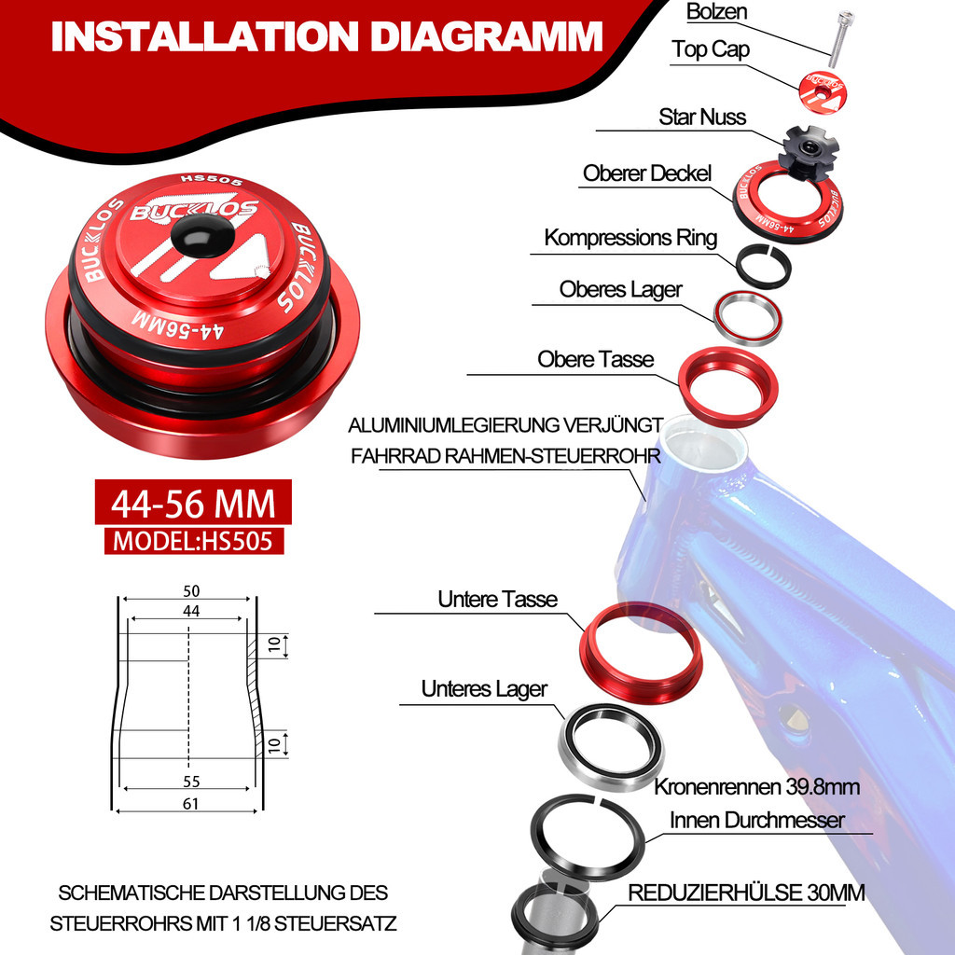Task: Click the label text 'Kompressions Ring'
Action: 630,237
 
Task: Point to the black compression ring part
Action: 765,266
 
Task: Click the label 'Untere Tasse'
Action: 498,599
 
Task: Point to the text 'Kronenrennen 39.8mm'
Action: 756,787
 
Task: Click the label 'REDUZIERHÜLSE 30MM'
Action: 746,893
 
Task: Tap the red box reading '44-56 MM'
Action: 194,505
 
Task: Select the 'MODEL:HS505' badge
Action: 194,541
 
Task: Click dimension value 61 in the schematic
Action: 191,805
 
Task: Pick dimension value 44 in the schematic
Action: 191,610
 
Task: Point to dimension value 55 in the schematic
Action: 191,782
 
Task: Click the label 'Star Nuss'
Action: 702,117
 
